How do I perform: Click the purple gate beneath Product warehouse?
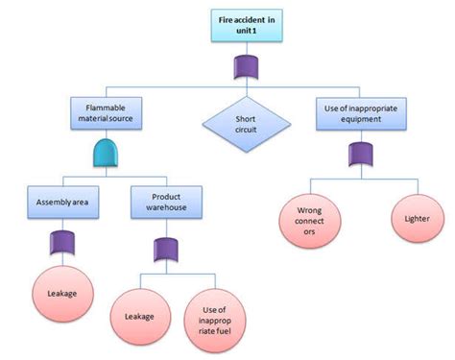pos(161,251)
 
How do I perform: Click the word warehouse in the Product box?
pos(160,208)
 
